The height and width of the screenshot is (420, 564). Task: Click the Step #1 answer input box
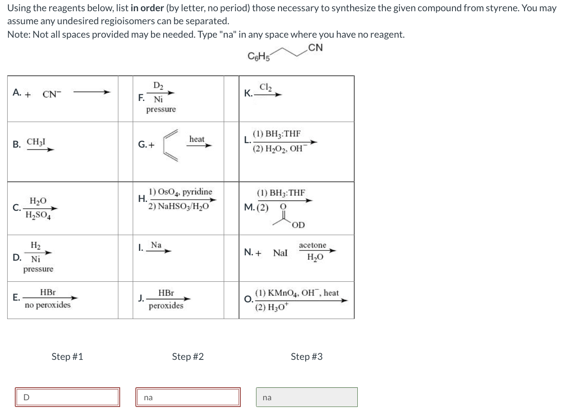67,397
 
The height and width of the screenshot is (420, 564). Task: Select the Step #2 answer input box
188,397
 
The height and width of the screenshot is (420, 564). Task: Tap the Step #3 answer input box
307,397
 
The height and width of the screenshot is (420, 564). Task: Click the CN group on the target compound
315,48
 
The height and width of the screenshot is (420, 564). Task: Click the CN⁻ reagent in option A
49,94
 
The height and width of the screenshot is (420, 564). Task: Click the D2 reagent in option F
158,86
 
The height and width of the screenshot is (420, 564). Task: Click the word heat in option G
197,139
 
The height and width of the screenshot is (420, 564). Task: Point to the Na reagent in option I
156,245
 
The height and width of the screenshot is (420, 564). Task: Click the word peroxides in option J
166,306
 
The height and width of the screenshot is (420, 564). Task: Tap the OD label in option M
298,225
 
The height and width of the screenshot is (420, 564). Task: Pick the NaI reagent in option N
280,253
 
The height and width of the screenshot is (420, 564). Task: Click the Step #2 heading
188,357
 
